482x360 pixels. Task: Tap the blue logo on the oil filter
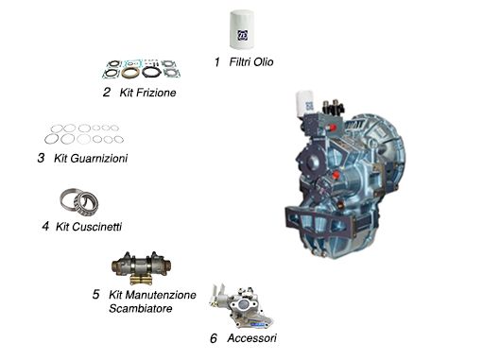coord(244,35)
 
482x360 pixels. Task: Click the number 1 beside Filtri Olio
coord(216,62)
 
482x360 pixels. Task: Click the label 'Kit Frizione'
coord(148,93)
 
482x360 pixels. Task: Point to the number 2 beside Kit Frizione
coord(107,93)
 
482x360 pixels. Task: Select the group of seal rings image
coord(81,133)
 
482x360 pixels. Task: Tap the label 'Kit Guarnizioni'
coord(91,159)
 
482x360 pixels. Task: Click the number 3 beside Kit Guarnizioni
coord(41,159)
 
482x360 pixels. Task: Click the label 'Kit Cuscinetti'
coord(89,227)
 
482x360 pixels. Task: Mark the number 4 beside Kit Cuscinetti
coord(44,227)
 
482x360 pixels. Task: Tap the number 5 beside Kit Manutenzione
coord(95,295)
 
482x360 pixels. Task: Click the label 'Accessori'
coord(252,337)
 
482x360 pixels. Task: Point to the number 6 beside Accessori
coord(214,337)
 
